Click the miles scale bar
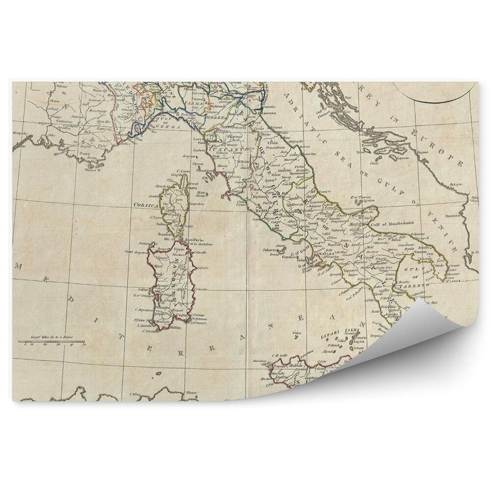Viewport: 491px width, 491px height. [x=52, y=341]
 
